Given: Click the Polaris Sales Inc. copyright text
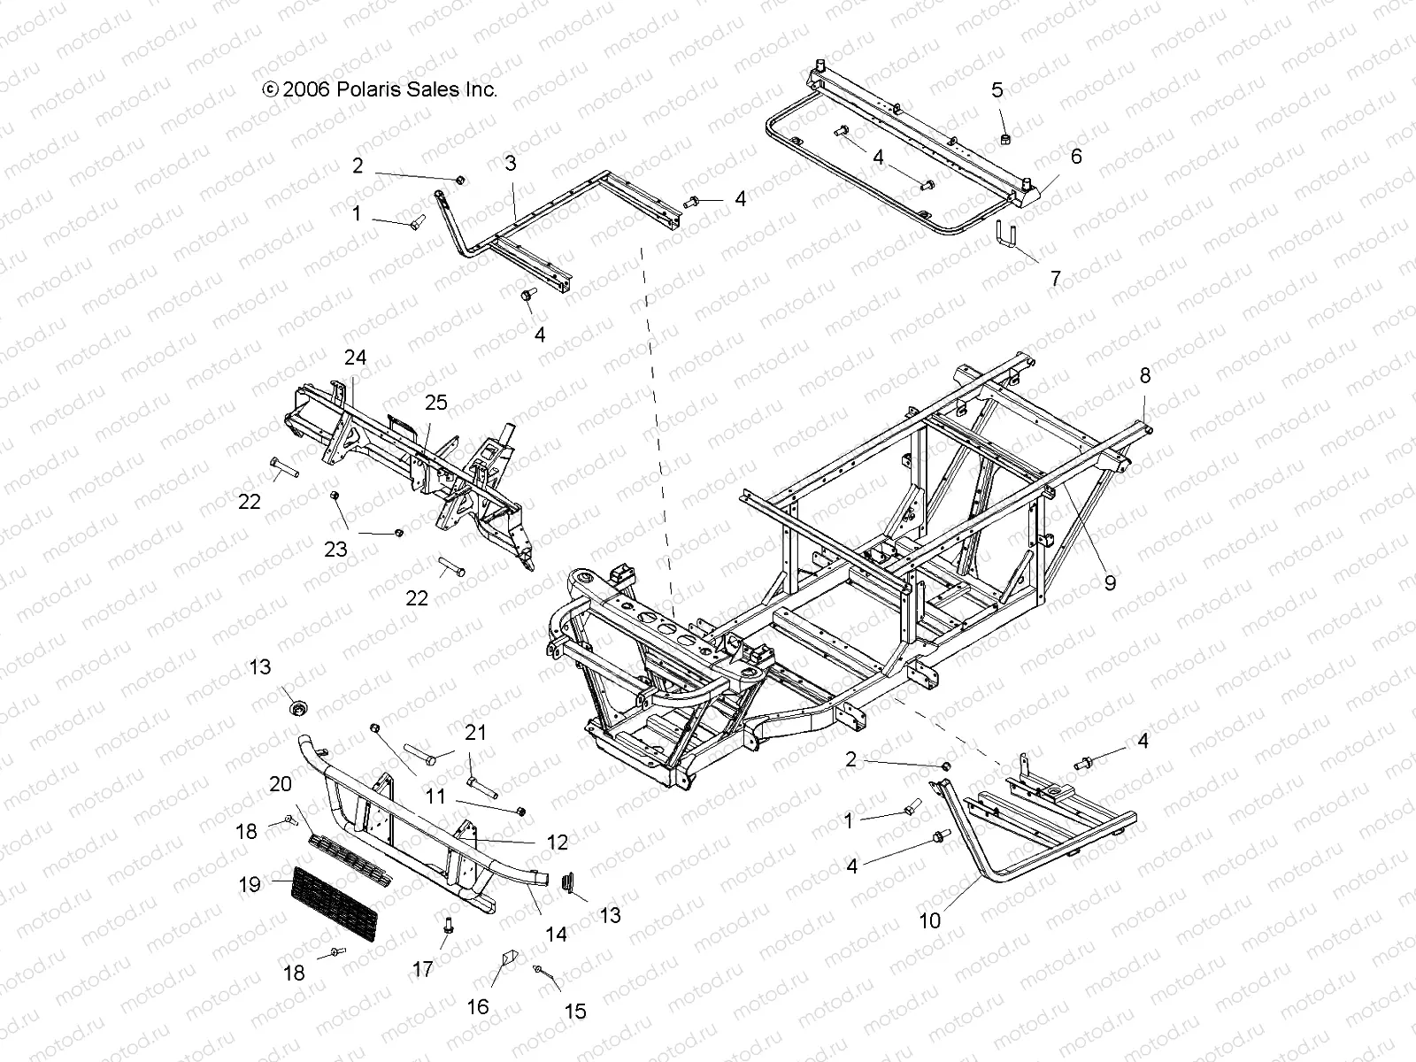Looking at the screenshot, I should coord(381,89).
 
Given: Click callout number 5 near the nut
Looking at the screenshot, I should coord(997,89).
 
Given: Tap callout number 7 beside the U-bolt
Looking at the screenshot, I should coord(1054,278).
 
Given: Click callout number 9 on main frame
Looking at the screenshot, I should coord(1110,582).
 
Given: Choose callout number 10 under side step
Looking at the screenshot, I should coord(929,921).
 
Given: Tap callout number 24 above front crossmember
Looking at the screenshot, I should coord(355,358).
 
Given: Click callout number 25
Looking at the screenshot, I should coord(435,403).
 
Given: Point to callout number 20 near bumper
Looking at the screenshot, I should coord(281,783).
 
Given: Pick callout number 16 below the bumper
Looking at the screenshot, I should coord(478,1007).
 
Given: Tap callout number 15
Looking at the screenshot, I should coord(575,1011).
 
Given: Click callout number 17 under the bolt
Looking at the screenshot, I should coord(423,969).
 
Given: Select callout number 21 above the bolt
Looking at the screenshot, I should coord(476,733).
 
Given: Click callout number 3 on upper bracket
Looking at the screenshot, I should coord(511,164).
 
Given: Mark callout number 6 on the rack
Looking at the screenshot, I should coord(1076,157).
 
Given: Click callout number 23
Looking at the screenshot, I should coord(335,550).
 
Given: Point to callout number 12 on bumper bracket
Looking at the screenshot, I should coord(558,842).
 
